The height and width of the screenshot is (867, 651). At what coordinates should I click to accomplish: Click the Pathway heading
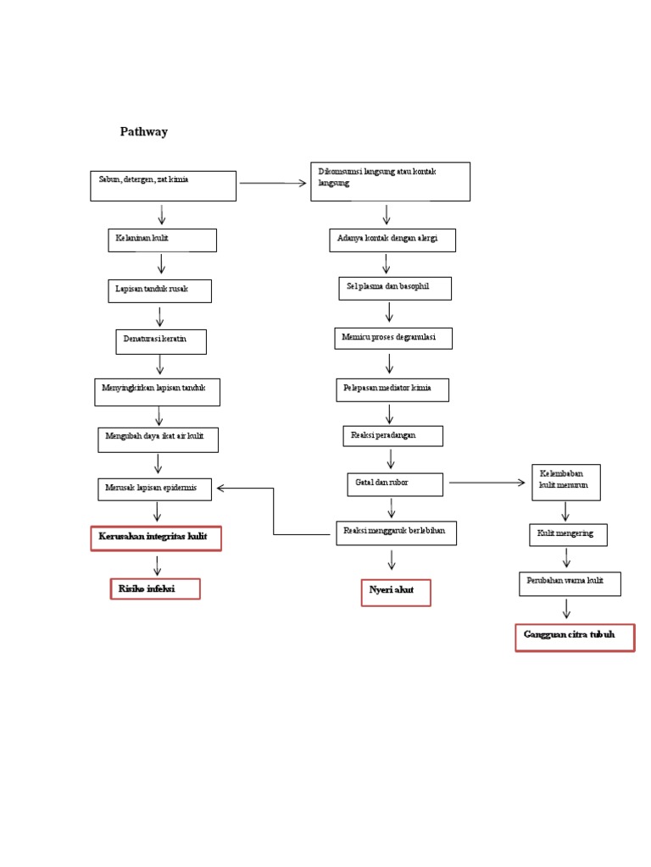(143, 132)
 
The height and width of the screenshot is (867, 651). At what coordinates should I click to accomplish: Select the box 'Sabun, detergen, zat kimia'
(163, 185)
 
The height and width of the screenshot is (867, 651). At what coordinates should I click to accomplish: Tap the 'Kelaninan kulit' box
(161, 240)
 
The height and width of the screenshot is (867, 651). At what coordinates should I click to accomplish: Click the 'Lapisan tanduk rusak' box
(159, 290)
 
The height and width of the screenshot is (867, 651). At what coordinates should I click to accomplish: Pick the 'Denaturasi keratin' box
(160, 341)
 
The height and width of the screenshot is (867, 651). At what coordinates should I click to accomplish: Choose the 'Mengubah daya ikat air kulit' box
(158, 439)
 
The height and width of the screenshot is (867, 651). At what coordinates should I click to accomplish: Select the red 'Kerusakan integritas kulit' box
(156, 538)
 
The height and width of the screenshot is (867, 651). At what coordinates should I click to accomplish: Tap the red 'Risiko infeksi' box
(155, 589)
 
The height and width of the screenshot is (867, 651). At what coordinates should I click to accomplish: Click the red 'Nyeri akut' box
(395, 593)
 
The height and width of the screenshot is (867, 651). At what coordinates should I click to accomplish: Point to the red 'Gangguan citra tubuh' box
(575, 637)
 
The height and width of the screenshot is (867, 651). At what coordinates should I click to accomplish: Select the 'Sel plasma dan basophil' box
(394, 288)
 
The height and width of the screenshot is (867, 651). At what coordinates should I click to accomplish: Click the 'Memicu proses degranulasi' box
(392, 338)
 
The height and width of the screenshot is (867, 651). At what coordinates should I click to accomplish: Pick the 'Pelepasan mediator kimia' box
(392, 389)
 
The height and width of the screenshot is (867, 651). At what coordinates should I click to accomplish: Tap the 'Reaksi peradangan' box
(392, 436)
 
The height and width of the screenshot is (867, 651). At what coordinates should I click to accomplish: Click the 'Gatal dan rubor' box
(394, 483)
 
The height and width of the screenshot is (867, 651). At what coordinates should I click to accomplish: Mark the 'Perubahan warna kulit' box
(570, 583)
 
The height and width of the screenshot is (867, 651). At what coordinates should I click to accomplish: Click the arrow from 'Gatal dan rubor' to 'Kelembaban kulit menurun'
(487, 483)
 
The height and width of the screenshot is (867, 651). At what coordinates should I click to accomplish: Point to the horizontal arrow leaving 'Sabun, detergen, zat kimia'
(272, 182)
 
